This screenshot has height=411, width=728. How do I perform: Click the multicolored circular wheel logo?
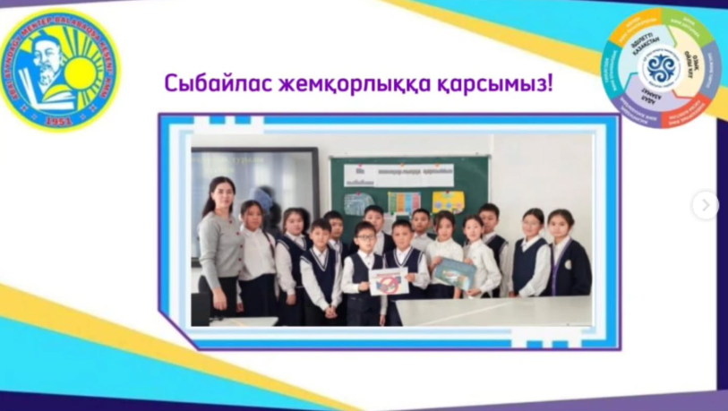click(662, 67)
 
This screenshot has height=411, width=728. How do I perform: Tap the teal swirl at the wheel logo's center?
click(662, 68)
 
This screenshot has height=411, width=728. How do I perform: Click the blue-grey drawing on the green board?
click(358, 203)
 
